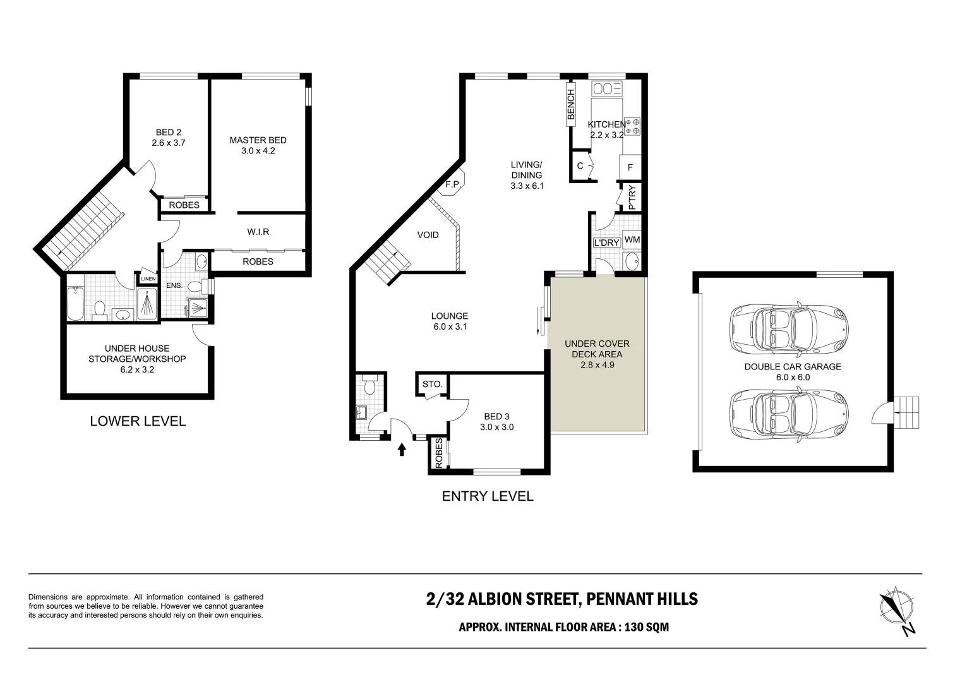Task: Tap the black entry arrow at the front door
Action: (402, 449)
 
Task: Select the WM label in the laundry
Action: (632, 239)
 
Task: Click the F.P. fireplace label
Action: (453, 184)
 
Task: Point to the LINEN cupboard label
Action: (148, 278)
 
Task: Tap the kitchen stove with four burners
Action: (632, 126)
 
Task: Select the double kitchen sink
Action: (607, 88)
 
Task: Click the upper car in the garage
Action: (789, 328)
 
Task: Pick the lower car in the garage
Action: (789, 414)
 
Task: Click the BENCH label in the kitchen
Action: (571, 104)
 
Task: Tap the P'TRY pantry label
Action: (632, 197)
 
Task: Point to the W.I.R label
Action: (258, 232)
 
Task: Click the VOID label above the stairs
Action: (428, 235)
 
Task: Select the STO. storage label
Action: (432, 384)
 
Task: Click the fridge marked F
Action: (630, 167)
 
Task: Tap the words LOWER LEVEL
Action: (138, 421)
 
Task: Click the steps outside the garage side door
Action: (906, 412)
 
